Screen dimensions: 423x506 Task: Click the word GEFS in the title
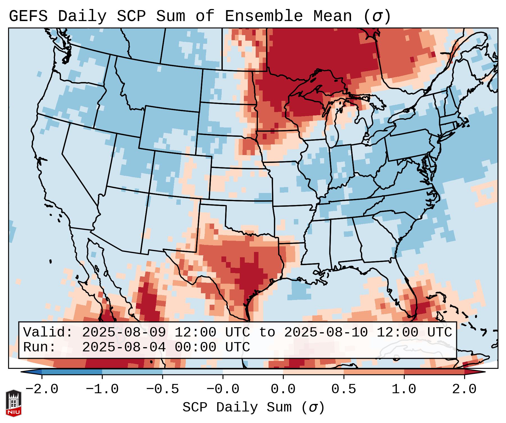point(28,16)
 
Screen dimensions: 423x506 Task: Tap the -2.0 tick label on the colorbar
point(42,389)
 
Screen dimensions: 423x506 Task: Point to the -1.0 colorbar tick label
point(102,389)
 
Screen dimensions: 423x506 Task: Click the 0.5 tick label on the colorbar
point(344,389)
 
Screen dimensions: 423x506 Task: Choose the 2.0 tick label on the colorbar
point(464,389)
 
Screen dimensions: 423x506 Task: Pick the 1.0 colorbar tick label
point(404,389)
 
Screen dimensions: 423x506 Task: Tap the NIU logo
point(13,403)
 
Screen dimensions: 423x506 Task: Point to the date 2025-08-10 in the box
point(326,332)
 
